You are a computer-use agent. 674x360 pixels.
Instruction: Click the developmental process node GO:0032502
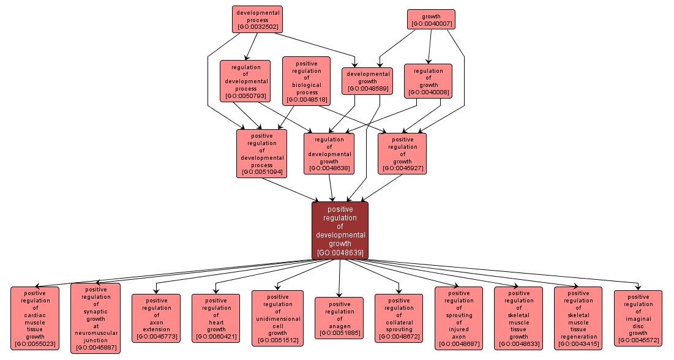pos(257,20)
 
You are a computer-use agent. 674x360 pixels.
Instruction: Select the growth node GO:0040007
pos(431,19)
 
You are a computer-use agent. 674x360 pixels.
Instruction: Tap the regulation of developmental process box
pos(246,81)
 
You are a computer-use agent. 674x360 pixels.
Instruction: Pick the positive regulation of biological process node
pos(307,81)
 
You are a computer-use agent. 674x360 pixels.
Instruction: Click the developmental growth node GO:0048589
pos(367,81)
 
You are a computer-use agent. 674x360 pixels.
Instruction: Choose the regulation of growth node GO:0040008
pos(428,81)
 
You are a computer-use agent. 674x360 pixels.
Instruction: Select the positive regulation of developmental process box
pos(261,154)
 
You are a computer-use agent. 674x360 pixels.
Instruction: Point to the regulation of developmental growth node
pos(329,154)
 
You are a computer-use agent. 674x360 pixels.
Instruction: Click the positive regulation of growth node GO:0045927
pos(402,154)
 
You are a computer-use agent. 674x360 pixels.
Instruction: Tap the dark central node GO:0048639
pos(340,230)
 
